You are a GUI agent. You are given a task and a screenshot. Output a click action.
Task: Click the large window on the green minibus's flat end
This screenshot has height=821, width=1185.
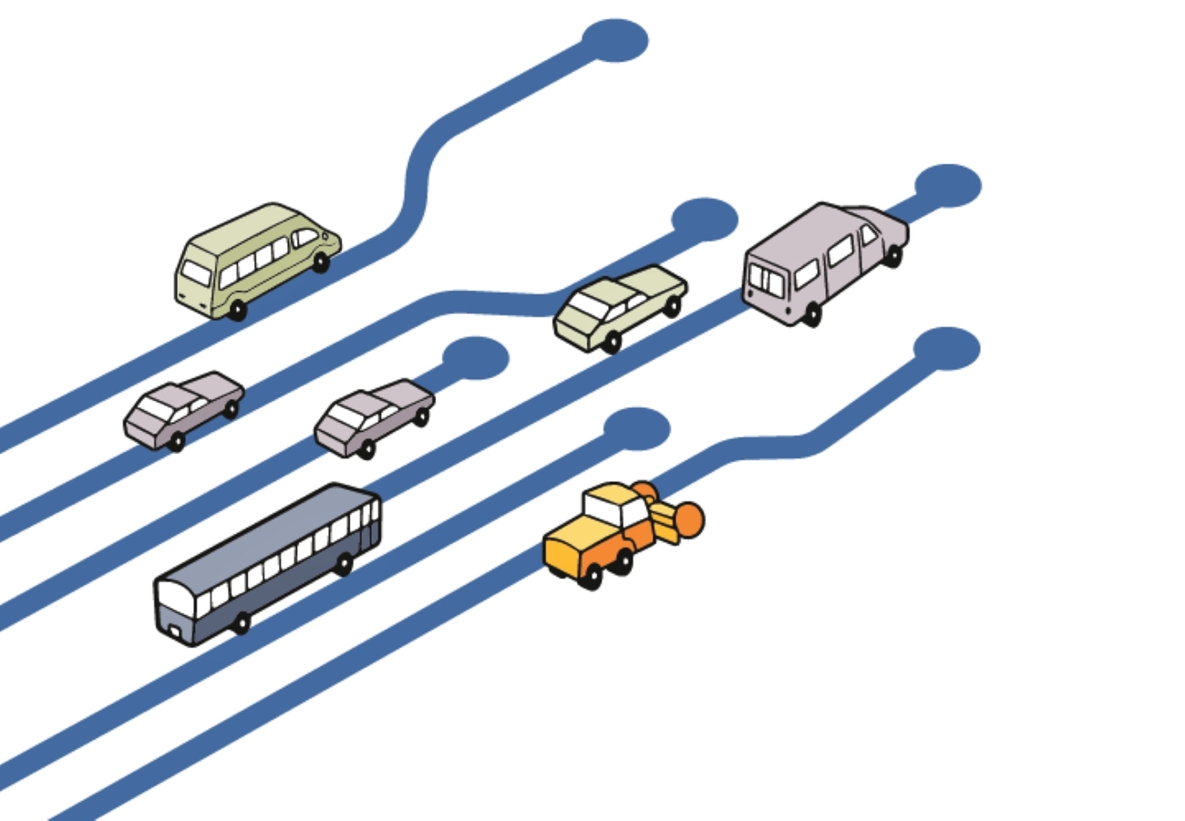click(196, 272)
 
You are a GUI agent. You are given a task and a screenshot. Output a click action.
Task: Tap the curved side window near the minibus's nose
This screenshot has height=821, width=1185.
click(305, 237)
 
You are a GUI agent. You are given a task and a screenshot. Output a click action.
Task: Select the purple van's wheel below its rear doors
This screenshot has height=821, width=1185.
click(810, 314)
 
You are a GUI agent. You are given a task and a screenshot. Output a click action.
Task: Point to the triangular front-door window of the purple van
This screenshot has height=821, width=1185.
click(869, 235)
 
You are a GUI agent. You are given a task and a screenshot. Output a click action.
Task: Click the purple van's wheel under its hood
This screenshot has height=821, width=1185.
click(893, 256)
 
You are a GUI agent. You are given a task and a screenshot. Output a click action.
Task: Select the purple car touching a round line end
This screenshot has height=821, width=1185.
click(374, 416)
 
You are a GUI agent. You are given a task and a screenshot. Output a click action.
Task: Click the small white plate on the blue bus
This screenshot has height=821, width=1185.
click(174, 628)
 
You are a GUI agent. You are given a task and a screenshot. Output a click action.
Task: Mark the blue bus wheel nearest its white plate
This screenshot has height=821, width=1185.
click(241, 623)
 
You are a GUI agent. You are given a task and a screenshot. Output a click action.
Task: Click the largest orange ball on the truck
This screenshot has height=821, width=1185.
click(687, 519)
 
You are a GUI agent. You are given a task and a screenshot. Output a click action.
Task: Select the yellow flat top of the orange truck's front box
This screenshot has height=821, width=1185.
click(574, 532)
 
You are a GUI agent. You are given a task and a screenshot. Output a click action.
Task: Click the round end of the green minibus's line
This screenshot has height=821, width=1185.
click(615, 40)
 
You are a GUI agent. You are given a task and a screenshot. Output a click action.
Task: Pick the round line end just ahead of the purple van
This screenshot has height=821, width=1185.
click(948, 185)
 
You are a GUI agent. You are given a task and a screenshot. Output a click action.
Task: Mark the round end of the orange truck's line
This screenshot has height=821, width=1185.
click(946, 349)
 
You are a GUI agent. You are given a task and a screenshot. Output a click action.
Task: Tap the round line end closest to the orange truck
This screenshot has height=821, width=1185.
click(636, 427)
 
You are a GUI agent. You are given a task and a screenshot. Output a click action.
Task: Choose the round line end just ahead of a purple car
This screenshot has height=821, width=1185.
click(475, 357)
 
